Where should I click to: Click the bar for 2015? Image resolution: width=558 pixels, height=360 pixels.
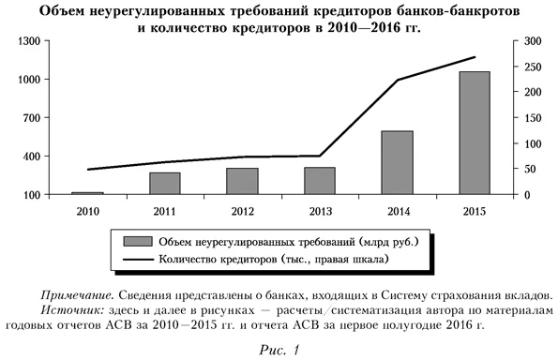click(475, 132)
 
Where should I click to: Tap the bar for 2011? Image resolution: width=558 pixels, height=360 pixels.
click(165, 183)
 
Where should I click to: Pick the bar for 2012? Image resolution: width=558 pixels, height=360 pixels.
click(242, 181)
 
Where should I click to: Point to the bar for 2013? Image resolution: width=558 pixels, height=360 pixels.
click(320, 181)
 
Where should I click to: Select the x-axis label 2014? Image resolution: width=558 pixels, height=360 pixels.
click(397, 209)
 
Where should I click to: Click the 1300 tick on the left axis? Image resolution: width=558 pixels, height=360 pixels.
click(28, 42)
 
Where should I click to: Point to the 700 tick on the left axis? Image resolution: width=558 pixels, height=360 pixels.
click(31, 118)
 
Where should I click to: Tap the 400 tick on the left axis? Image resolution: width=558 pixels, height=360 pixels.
click(31, 157)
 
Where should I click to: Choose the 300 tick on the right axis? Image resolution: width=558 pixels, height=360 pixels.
click(533, 42)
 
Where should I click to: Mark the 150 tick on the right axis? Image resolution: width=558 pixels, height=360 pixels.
click(533, 118)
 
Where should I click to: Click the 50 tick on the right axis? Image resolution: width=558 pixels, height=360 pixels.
click(530, 170)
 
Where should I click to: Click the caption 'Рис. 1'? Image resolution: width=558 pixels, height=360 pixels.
click(279, 350)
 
